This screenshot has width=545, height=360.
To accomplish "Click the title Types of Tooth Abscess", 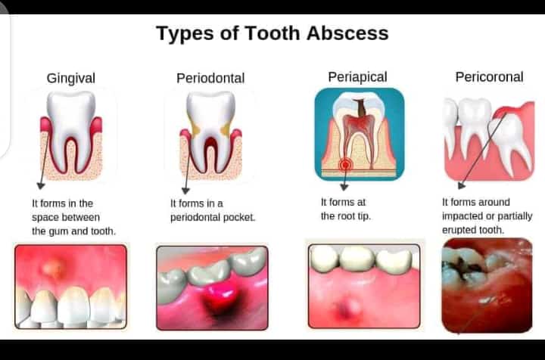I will (272, 34).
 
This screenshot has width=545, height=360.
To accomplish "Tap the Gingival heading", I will (71, 78).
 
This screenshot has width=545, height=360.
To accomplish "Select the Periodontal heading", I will (210, 78).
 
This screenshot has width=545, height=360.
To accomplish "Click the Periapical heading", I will (357, 76).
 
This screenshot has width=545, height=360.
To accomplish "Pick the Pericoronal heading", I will (489, 76).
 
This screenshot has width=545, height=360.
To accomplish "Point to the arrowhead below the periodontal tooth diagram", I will (184, 190).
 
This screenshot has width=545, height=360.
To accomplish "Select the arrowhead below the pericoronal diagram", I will (462, 185).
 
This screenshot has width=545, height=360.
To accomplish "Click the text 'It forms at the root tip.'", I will (345, 209).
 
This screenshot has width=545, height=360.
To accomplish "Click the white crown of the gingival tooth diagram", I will (70, 110).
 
